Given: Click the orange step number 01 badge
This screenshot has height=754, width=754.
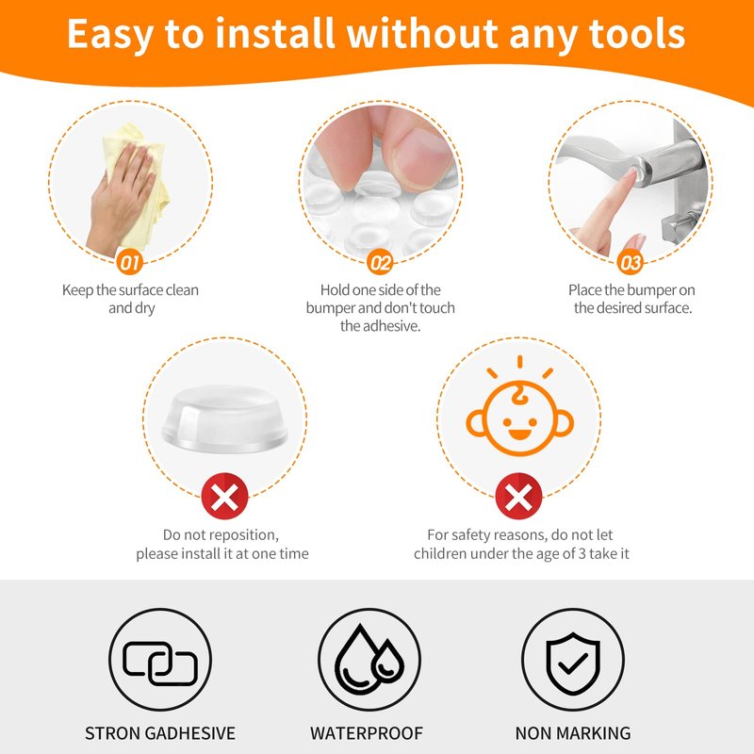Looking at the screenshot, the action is click(x=129, y=262).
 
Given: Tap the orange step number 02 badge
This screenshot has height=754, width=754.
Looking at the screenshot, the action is click(x=380, y=262).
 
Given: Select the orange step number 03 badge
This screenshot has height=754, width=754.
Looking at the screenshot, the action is click(x=630, y=262).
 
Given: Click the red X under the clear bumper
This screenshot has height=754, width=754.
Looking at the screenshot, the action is click(x=224, y=496).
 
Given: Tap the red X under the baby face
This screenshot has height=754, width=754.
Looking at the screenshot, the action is click(x=518, y=496).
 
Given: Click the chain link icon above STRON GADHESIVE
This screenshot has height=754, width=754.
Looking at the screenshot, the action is click(x=160, y=664).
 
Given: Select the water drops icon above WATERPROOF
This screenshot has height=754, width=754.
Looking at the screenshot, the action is click(x=369, y=659).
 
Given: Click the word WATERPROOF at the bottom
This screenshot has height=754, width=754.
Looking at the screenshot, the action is click(x=367, y=733).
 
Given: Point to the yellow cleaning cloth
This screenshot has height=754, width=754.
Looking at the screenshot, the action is click(x=136, y=183).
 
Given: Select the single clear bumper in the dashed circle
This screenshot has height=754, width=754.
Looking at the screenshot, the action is click(x=225, y=418).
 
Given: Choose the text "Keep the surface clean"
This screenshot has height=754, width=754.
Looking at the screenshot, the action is click(x=130, y=290).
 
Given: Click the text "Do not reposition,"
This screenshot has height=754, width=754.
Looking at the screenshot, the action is click(x=221, y=534).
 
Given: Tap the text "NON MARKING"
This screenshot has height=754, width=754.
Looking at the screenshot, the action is click(x=573, y=733).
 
